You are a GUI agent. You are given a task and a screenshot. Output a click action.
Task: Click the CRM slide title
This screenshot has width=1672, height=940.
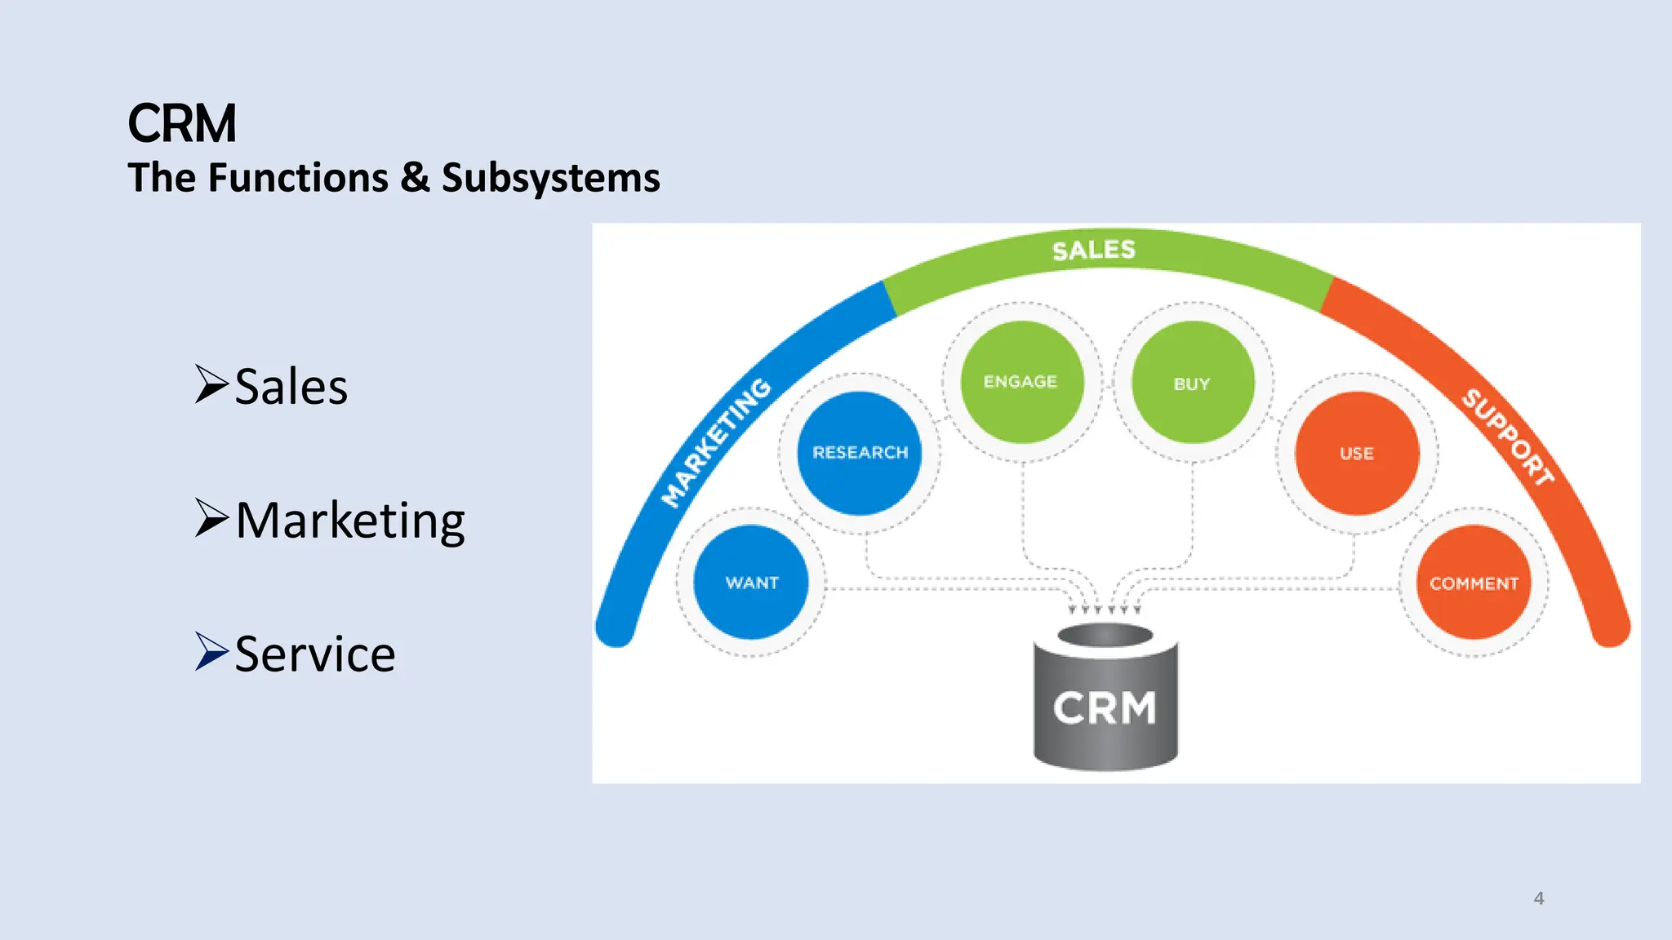(182, 124)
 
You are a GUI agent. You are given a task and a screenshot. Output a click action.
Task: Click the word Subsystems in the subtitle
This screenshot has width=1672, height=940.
(550, 178)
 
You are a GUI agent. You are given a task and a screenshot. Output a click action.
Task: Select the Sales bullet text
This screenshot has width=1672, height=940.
(291, 386)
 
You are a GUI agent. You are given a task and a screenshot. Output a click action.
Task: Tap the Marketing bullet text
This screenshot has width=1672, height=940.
(349, 521)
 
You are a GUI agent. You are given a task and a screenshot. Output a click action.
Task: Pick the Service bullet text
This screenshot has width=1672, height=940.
(314, 654)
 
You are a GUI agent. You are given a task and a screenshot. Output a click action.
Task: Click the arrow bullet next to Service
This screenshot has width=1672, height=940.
(211, 651)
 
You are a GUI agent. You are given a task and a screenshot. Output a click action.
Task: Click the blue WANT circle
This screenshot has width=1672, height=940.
(751, 582)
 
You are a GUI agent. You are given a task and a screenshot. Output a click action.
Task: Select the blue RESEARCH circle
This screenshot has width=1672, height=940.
(860, 452)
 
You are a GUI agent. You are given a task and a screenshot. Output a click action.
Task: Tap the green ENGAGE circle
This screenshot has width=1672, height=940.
(1021, 382)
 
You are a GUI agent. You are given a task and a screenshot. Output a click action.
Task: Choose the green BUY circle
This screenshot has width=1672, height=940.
(1192, 383)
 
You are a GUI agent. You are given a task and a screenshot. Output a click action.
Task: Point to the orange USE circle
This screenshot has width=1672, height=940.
(1357, 453)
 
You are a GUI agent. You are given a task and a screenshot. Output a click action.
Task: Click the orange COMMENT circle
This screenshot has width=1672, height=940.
(1474, 583)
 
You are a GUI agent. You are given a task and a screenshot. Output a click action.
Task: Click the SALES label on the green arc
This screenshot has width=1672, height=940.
(1094, 250)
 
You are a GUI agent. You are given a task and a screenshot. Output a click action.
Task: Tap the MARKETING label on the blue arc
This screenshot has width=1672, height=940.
(715, 442)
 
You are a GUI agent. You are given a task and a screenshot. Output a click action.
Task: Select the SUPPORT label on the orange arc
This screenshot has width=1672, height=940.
(1507, 437)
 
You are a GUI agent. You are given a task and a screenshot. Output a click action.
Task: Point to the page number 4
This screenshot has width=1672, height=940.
(1539, 898)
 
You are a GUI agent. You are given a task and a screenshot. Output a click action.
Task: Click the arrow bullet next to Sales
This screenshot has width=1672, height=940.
(211, 384)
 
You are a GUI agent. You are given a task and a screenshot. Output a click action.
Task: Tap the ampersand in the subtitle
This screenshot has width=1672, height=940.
(415, 178)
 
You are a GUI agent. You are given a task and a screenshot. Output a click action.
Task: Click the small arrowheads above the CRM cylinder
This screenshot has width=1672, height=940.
(1105, 609)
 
